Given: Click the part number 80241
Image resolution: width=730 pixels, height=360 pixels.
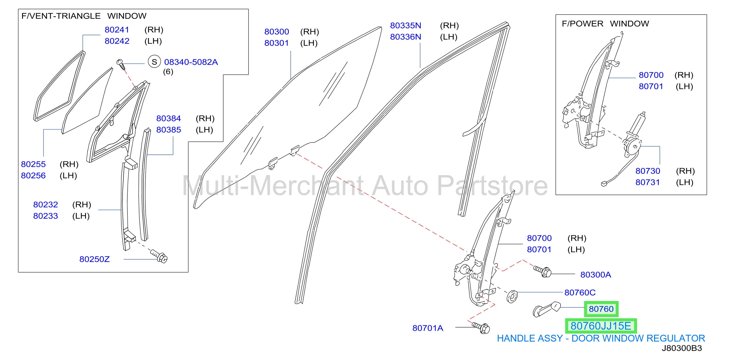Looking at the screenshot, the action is (x=117, y=30).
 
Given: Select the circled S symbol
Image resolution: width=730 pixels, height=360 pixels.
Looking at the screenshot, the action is (x=154, y=62).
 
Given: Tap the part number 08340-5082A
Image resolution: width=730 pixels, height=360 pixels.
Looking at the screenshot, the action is (x=191, y=62).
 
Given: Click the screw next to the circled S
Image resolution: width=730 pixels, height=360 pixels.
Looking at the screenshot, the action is (x=121, y=65).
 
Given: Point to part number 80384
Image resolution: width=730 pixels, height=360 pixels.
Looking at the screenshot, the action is (x=169, y=118).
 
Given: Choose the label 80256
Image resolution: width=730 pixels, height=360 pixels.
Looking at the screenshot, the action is (x=33, y=176).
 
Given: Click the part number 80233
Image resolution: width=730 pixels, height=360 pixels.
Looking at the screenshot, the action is (x=46, y=216).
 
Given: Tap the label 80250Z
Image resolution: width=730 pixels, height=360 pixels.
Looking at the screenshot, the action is (x=94, y=259).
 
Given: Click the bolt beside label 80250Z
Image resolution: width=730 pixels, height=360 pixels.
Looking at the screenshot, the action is (x=159, y=256).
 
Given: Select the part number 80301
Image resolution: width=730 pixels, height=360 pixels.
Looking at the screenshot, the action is (x=277, y=43).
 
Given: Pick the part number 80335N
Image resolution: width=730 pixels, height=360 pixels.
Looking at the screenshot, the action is (x=406, y=25).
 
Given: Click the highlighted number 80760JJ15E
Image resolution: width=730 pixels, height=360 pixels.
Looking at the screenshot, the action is (x=601, y=326).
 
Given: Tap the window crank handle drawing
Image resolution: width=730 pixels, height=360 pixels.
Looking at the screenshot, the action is (x=546, y=309).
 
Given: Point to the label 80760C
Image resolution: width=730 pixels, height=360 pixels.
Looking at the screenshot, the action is (x=580, y=292).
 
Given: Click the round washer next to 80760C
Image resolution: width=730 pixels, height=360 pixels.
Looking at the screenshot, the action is (x=512, y=296).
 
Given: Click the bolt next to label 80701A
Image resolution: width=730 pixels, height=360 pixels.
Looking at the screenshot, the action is (x=481, y=328).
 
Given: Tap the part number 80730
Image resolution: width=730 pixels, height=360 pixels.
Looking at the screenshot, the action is (x=647, y=171).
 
